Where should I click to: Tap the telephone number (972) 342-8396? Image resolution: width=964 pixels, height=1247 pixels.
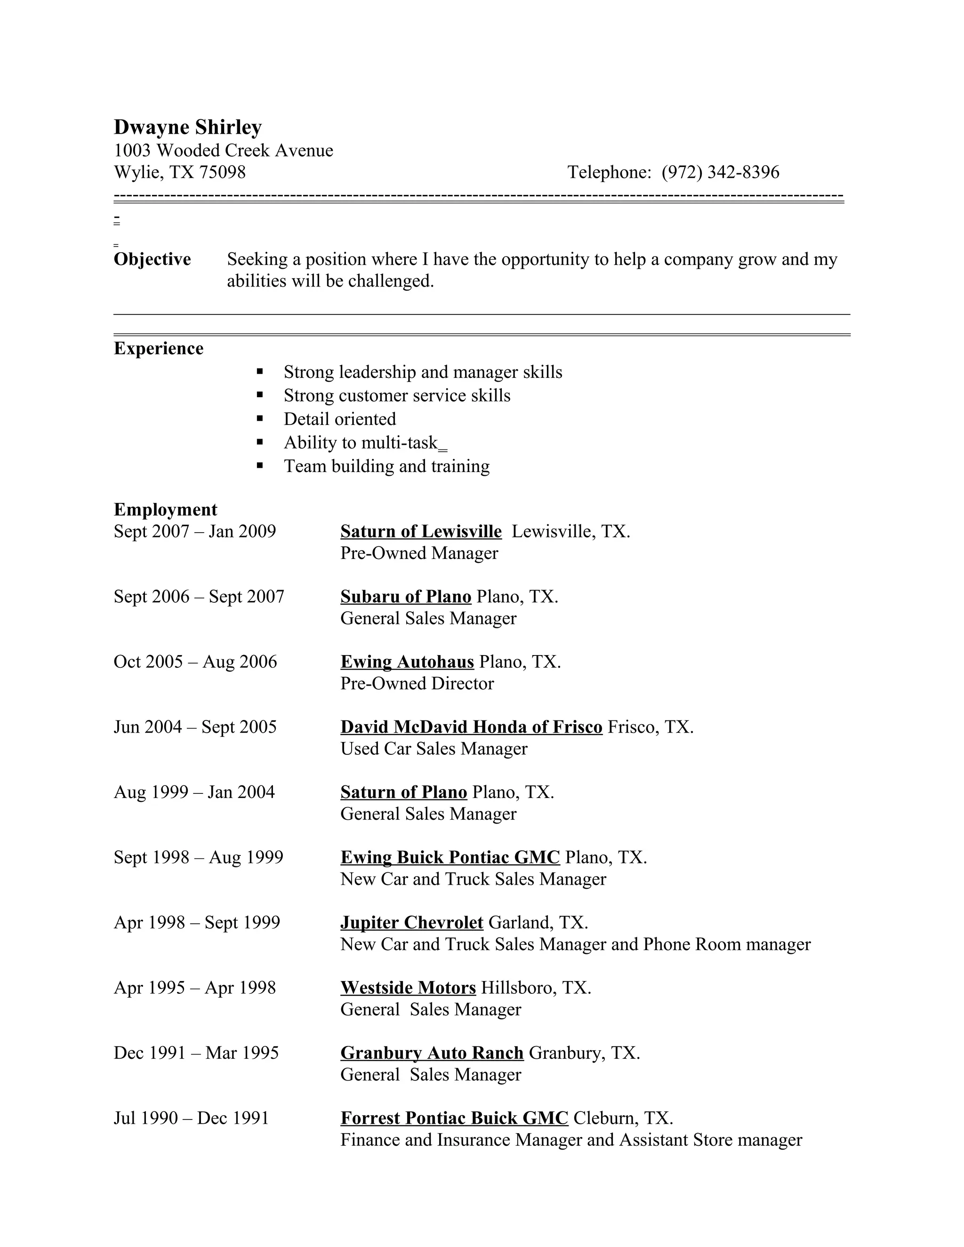pos(720,172)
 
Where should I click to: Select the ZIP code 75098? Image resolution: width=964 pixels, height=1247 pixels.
pos(222,172)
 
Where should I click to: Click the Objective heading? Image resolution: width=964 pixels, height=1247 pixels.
pos(152,259)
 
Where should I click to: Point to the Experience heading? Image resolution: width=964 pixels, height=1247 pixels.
pos(158,348)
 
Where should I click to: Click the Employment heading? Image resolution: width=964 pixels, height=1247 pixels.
pos(165,509)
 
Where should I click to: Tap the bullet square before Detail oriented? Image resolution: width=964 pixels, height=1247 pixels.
pos(260,418)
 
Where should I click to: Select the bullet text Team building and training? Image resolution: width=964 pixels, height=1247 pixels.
pos(386,466)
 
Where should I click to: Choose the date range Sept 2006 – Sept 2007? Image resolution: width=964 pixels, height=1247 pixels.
pos(199,596)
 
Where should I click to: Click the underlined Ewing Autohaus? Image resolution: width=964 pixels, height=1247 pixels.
pos(407,661)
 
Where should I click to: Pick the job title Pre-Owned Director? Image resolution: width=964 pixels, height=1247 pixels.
pos(417,683)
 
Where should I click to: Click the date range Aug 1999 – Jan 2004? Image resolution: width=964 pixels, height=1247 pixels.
pos(194,792)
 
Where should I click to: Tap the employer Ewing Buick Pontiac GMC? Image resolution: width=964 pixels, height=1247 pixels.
pos(450,857)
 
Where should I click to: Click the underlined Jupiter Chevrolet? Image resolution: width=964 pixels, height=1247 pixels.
pos(411,922)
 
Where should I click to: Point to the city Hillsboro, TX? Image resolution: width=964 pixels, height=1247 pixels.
pos(536,988)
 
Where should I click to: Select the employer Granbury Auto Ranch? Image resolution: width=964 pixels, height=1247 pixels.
pos(432,1053)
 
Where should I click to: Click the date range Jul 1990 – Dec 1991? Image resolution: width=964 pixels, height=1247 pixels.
pos(191,1118)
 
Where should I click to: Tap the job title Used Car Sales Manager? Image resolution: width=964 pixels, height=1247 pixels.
pos(434,749)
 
